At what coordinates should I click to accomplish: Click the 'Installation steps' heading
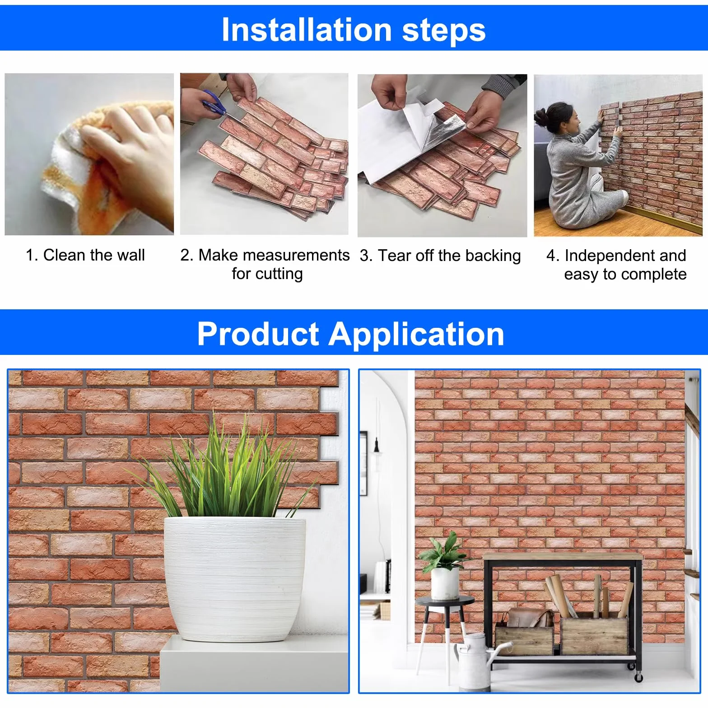(x=354, y=30)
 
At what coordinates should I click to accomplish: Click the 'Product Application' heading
(x=350, y=334)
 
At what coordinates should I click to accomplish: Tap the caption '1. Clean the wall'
(x=85, y=255)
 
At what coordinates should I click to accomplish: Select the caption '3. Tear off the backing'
(x=440, y=256)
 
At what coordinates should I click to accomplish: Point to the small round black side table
(x=445, y=632)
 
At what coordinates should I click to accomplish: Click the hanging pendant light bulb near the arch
(x=376, y=447)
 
